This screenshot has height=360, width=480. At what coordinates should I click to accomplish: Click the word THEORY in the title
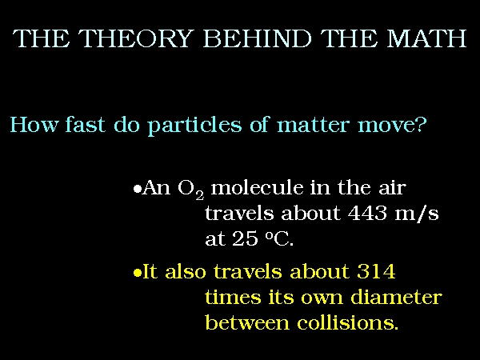(x=137, y=38)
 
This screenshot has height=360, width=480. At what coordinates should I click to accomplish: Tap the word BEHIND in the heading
(x=257, y=38)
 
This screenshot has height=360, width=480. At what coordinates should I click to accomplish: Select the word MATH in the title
(x=426, y=38)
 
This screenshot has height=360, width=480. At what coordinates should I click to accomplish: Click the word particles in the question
(x=194, y=126)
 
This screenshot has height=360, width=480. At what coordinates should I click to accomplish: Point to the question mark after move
(x=421, y=123)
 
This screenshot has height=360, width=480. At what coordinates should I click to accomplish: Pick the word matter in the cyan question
(x=313, y=125)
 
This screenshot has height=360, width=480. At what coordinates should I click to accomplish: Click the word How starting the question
(x=34, y=124)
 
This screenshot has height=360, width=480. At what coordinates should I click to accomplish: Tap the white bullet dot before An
(x=138, y=189)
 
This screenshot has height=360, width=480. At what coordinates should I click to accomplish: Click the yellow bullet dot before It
(x=138, y=273)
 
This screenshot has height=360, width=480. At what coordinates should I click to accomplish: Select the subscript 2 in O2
(x=199, y=195)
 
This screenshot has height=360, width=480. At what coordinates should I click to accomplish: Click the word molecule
(x=257, y=187)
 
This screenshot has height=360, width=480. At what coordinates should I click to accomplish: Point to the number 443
(x=367, y=213)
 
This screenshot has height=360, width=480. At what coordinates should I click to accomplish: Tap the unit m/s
(x=417, y=213)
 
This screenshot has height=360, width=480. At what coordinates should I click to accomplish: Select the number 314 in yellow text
(x=376, y=271)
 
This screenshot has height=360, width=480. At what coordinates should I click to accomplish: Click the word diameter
(x=396, y=297)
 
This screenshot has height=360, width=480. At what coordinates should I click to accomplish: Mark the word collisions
(x=347, y=322)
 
